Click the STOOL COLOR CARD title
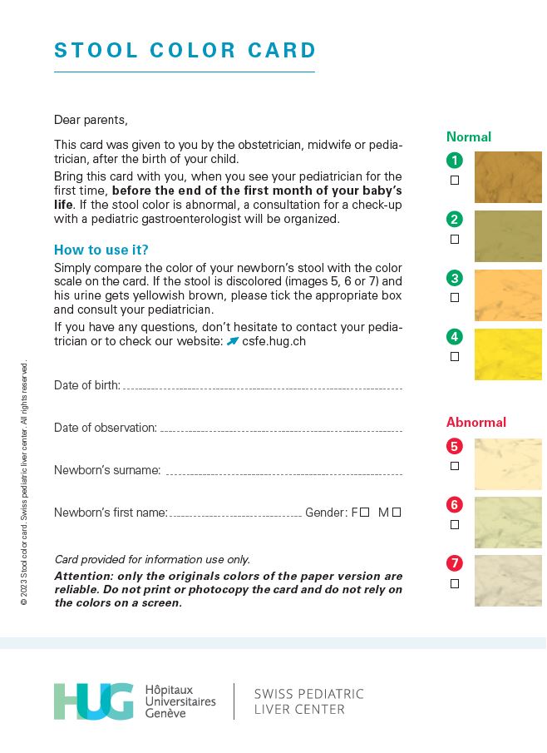pos(185,51)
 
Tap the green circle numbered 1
pos(454,161)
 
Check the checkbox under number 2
pos(455,239)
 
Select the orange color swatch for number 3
pos(508,295)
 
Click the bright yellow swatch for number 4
pos(508,354)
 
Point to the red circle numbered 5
pos(454,446)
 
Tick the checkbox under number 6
pos(455,525)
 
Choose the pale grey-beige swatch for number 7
pos(508,581)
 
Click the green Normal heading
pos(469,136)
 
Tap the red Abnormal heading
pos(476,422)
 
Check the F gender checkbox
pos(364,513)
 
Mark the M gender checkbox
pos(397,513)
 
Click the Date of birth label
pos(86,385)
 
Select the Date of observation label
pos(105,428)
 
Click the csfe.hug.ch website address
pos(268,341)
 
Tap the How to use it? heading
pos(101,250)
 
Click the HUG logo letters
pos(93,701)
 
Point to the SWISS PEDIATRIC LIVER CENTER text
pos(308,701)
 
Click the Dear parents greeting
pos(91,120)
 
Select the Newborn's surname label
pos(107,470)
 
